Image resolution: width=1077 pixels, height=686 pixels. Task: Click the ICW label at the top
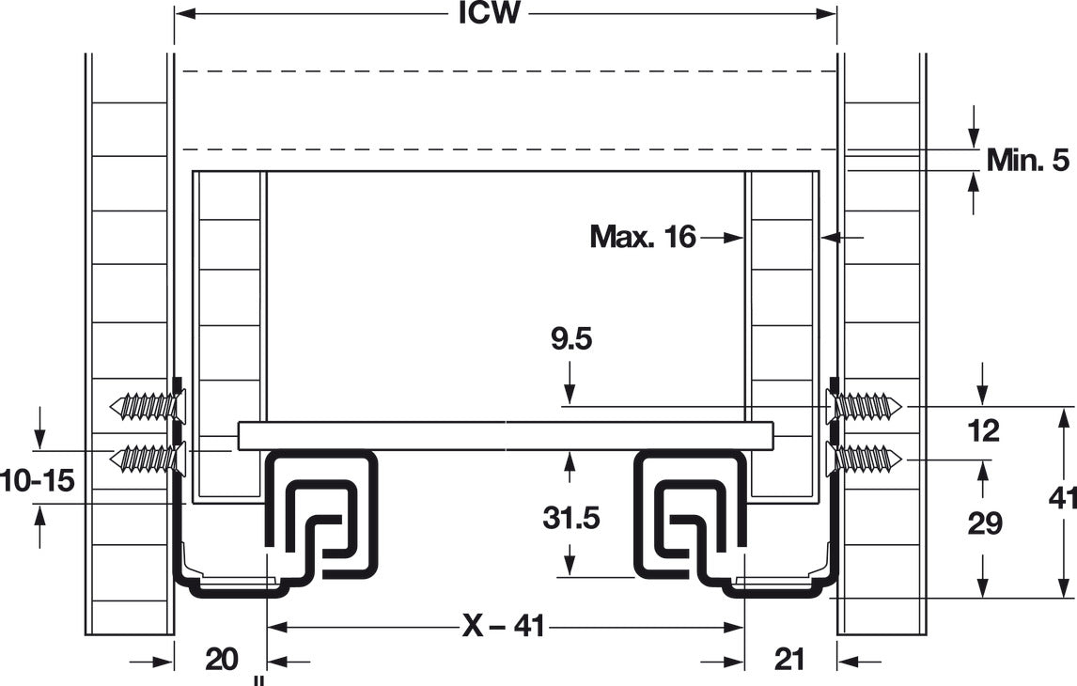489,13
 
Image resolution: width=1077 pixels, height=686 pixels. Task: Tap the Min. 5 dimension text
1027,160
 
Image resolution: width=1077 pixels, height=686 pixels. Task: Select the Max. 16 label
643,237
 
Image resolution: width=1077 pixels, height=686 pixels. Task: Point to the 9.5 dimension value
570,339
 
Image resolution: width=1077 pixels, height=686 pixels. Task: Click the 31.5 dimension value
570,518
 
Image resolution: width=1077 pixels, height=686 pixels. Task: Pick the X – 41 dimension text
504,626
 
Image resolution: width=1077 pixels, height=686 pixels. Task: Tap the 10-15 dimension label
37,480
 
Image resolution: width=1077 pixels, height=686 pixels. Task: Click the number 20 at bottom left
221,660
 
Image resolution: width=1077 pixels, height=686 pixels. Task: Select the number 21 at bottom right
789,660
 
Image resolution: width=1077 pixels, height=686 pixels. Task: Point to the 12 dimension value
984,431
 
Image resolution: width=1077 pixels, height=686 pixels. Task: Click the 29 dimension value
984,523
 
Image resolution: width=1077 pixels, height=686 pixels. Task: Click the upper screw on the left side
147,406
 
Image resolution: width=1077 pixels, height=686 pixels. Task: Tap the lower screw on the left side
147,458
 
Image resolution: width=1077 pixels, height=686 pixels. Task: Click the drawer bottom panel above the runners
506,436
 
